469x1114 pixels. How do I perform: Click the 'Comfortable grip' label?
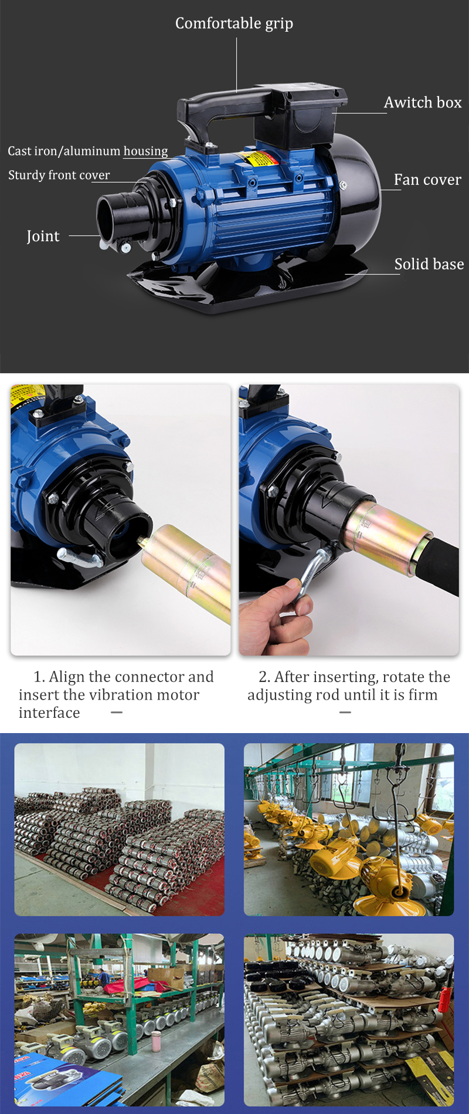234,23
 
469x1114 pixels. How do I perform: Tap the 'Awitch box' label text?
423,103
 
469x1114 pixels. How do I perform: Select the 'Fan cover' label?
427,180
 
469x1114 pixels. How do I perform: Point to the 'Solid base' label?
429,264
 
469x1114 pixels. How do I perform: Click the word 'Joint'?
43,236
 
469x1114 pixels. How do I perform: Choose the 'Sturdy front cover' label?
59,175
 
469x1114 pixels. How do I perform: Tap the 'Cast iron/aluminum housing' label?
88,151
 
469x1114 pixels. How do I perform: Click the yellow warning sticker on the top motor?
259,158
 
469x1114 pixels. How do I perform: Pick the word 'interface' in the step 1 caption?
49,713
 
